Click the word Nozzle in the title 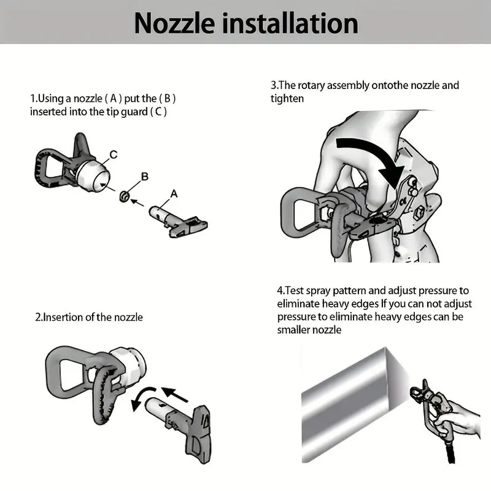tap(174, 23)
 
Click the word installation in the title tap(290, 23)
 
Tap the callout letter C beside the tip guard tap(114, 155)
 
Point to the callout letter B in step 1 tap(145, 177)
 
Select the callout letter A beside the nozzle tap(174, 194)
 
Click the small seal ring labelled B tap(125, 196)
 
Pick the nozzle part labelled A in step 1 tap(177, 221)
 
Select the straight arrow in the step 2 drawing tap(175, 394)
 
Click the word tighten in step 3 tap(287, 99)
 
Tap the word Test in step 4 tap(295, 290)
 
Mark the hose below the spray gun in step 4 tap(450, 451)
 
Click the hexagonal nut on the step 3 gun tap(419, 213)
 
